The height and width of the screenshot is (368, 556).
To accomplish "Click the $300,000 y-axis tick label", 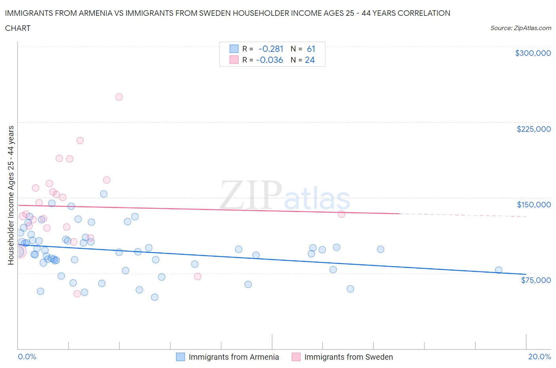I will [x=533, y=53].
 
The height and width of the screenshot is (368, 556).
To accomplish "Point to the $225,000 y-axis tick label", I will [x=533, y=129].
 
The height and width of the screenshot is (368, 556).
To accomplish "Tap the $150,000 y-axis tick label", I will [x=533, y=205].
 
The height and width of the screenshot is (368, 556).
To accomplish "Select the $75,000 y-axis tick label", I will [x=535, y=280].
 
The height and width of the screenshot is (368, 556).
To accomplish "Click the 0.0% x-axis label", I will [x=27, y=357].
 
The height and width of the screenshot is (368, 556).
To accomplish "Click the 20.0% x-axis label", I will [x=539, y=357].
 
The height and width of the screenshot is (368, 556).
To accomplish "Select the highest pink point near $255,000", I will [x=119, y=97].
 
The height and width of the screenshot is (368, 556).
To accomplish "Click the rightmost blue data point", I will [x=499, y=270].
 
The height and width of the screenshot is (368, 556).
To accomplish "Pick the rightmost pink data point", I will [x=342, y=214].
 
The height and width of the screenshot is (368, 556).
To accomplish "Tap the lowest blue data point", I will [x=155, y=297].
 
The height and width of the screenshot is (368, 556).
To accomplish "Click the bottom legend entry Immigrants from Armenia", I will [x=233, y=357].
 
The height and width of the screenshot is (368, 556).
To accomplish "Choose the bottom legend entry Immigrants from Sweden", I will [x=348, y=357].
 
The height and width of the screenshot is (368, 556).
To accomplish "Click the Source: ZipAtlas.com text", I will [x=520, y=28].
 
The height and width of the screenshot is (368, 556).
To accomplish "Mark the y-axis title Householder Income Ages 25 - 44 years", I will [x=11, y=195].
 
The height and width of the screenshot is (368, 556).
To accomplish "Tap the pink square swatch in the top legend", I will [x=234, y=60].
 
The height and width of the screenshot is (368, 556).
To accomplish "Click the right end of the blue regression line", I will [x=526, y=274].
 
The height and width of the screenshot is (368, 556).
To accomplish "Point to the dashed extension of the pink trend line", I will [x=463, y=215].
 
